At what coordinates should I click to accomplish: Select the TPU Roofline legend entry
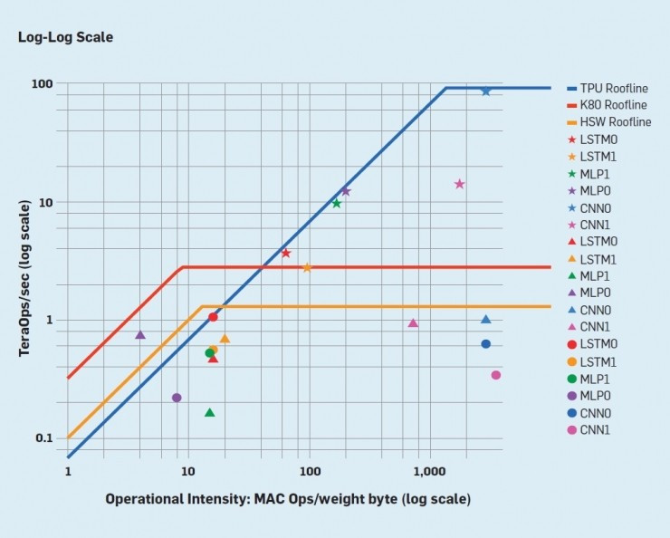click(x=614, y=89)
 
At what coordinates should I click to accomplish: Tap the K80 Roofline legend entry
click(x=614, y=105)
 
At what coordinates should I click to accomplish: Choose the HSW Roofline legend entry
click(x=615, y=122)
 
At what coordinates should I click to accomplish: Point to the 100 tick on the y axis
click(x=43, y=83)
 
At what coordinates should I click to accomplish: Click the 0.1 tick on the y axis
click(x=43, y=438)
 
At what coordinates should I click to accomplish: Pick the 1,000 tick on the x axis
click(x=430, y=472)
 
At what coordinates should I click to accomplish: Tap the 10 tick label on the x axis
click(x=187, y=472)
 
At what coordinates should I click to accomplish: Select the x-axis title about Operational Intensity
click(x=288, y=499)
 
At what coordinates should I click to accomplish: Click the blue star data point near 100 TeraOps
click(x=486, y=91)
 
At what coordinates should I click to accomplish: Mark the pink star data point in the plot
click(x=459, y=184)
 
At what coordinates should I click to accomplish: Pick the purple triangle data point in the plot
click(x=140, y=334)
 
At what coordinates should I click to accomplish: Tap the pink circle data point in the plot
click(x=495, y=375)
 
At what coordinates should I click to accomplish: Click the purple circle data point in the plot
click(x=177, y=398)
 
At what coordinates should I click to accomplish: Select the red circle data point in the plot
click(x=213, y=316)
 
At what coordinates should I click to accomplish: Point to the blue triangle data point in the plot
click(x=486, y=319)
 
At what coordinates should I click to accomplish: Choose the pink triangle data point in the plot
click(x=413, y=322)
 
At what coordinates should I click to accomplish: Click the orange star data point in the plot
click(x=307, y=267)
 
